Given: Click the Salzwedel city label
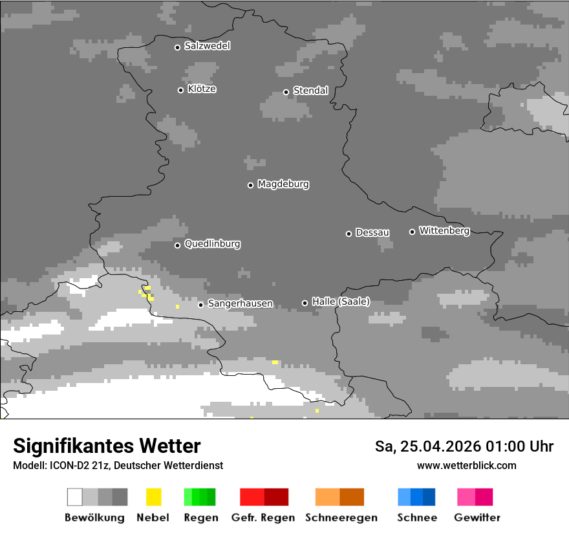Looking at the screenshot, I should click(207, 46).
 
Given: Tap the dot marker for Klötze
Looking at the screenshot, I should click(180, 90).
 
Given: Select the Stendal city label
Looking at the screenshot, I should click(310, 91).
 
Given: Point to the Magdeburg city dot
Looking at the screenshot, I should click(250, 185).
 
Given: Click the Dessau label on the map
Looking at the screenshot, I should click(372, 232).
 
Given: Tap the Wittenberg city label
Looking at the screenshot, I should click(444, 230).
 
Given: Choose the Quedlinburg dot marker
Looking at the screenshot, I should click(177, 245).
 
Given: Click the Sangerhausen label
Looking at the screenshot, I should click(240, 303).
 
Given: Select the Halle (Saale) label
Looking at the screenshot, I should click(341, 301).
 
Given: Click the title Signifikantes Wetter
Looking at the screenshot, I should click(107, 446).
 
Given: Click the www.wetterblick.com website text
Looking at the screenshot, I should click(466, 465).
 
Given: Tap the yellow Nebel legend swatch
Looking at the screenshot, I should click(153, 497).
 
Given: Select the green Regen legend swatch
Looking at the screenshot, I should click(200, 497).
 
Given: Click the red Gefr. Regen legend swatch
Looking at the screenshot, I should click(264, 497).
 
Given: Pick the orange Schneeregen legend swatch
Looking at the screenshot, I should click(339, 497).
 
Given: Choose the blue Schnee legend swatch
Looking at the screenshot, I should click(416, 497).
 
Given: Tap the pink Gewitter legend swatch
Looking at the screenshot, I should click(475, 497).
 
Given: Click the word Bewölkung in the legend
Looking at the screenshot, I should click(94, 518).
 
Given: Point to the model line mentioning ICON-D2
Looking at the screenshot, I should click(118, 465).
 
